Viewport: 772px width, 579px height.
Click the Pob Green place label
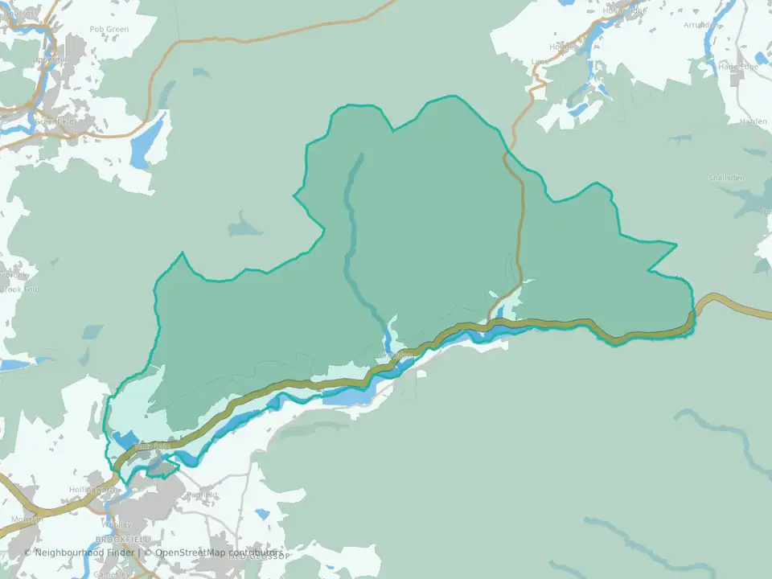click(x=109, y=29)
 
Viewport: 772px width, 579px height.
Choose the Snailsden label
click(x=726, y=178)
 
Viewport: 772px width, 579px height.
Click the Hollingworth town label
click(x=92, y=489)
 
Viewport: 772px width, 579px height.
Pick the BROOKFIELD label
click(x=123, y=539)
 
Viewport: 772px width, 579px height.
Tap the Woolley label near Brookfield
click(x=118, y=524)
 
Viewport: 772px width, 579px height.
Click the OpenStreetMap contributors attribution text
click(x=217, y=552)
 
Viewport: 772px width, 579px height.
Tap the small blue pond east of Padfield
click(x=262, y=513)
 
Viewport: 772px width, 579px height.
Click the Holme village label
click(x=563, y=47)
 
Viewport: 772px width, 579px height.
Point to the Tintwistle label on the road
click(x=154, y=446)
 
